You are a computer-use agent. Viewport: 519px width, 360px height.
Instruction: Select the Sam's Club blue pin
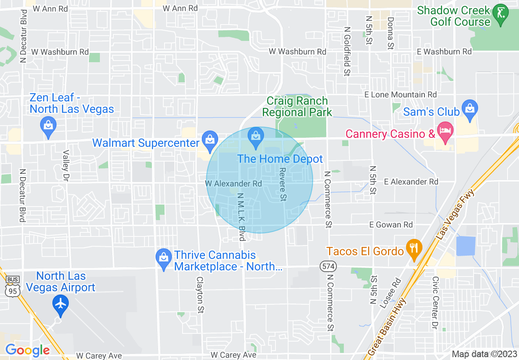(469, 109)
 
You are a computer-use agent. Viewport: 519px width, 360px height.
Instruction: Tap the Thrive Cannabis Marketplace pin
(164, 258)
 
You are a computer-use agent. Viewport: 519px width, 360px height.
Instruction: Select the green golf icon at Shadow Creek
(500, 13)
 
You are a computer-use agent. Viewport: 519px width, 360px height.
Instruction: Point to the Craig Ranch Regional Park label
(297, 106)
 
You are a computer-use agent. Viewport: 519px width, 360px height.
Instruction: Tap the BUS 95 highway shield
(12, 286)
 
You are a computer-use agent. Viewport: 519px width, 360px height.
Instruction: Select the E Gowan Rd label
(391, 225)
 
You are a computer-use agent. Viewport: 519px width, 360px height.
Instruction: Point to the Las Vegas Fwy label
(455, 214)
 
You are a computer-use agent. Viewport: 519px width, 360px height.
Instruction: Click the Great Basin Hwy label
(387, 327)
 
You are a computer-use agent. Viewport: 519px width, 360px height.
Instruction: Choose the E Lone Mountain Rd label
(401, 94)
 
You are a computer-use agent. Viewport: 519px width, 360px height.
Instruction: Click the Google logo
(27, 350)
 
